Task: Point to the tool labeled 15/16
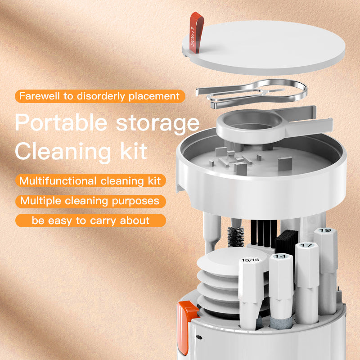250,279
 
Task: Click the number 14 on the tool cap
280,256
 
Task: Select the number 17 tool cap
306,246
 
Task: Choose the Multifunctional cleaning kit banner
90,181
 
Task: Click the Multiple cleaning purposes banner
90,201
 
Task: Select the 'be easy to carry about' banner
90,220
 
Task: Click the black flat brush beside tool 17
286,243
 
